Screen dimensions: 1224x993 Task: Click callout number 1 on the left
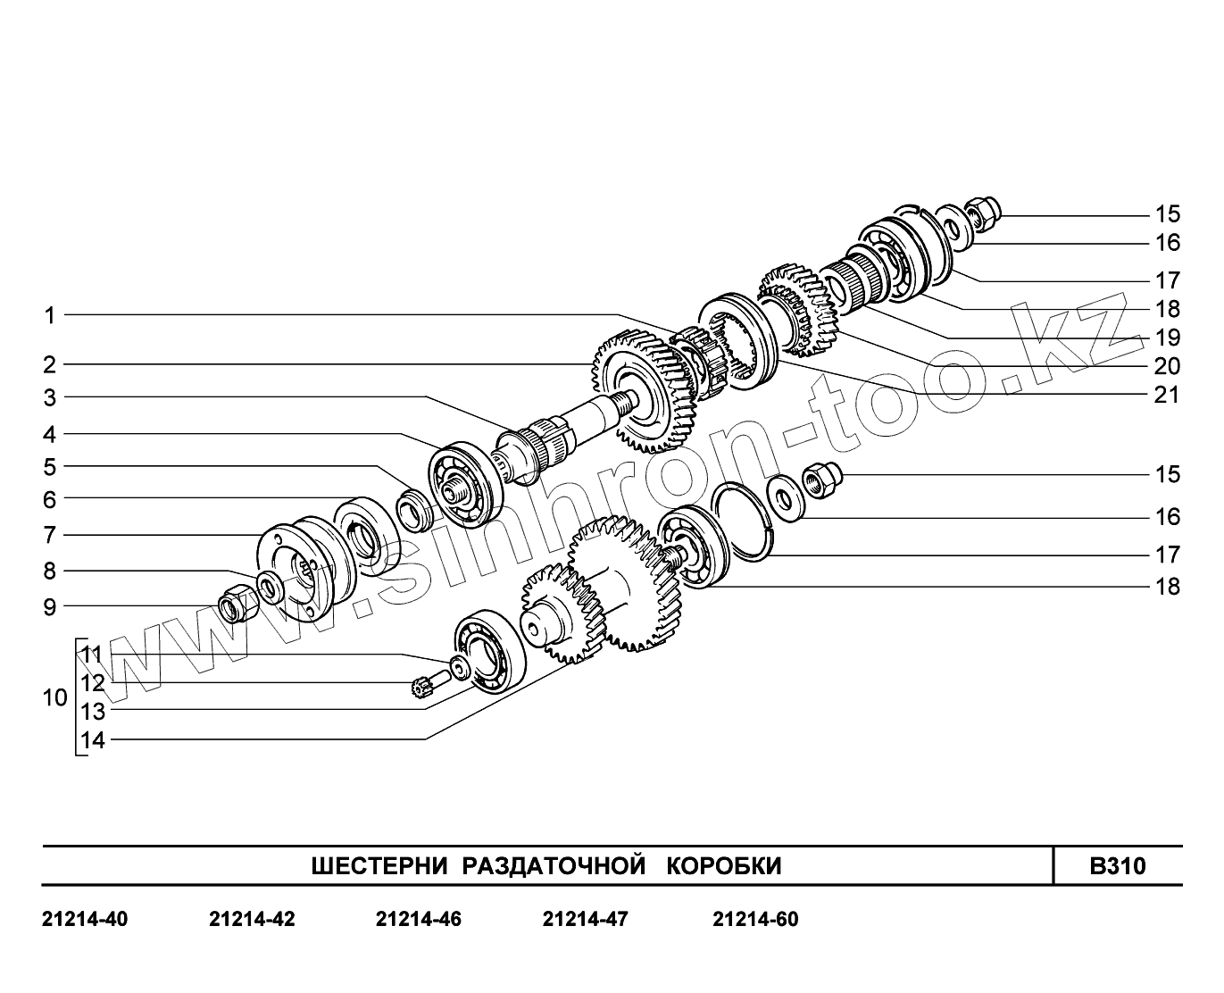51,315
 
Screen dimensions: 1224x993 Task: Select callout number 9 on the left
50,607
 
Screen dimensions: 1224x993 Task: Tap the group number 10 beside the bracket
54,697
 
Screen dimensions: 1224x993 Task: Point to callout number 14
93,740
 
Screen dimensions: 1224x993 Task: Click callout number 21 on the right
1167,395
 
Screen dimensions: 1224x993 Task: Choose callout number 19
1167,338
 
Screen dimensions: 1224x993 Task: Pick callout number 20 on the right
1167,366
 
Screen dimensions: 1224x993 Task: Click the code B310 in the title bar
1117,866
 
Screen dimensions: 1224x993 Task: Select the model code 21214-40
85,919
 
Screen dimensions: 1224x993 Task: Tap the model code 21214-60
755,919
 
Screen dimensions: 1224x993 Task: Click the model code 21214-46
419,919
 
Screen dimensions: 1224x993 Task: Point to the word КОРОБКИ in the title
724,866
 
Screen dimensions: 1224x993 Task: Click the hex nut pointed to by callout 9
238,607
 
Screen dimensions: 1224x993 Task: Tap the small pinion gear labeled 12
420,688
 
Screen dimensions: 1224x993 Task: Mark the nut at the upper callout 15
983,212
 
